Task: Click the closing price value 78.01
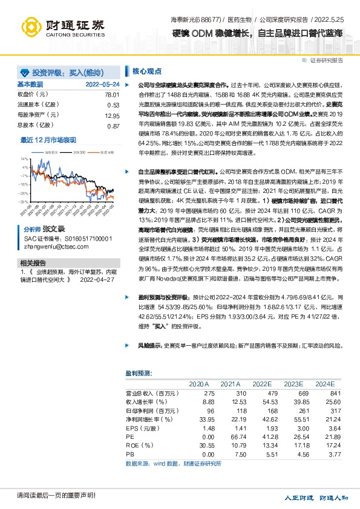point(112,95)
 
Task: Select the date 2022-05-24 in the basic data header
point(102,85)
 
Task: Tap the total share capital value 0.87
point(113,126)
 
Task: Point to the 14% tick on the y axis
point(24,158)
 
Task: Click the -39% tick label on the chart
point(23,201)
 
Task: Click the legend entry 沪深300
point(76,153)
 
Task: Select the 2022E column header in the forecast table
point(261,384)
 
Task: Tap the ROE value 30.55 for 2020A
point(200,444)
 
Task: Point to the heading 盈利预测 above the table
point(139,373)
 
